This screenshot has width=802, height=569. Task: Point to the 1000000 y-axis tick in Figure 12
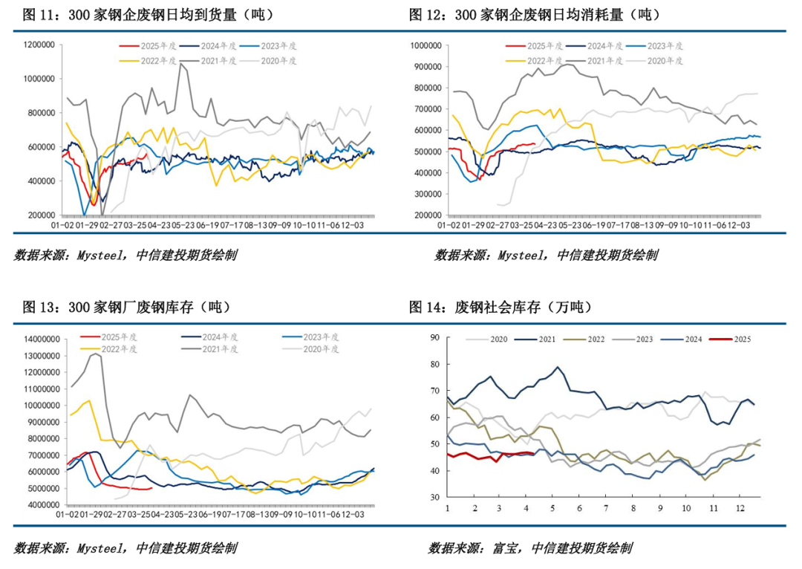[x=422, y=45]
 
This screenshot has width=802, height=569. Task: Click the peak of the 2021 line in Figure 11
[x=180, y=64]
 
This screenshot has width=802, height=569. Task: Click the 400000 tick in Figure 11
[x=43, y=181]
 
